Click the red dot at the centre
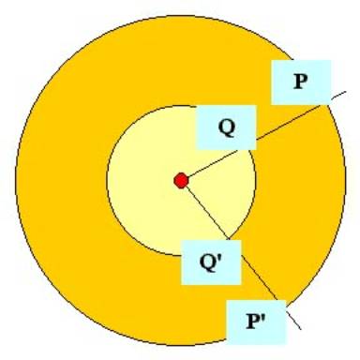[x=181, y=181]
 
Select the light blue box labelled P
[x=301, y=82]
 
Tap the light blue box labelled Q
[x=226, y=127]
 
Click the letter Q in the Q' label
[x=208, y=262]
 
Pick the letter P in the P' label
[x=253, y=321]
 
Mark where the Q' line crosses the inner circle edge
[x=229, y=239]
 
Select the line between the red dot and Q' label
[x=208, y=214]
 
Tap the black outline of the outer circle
[x=15, y=181]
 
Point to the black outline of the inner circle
[x=107, y=181]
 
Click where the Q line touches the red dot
[x=188, y=177]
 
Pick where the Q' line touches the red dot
[x=187, y=187]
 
